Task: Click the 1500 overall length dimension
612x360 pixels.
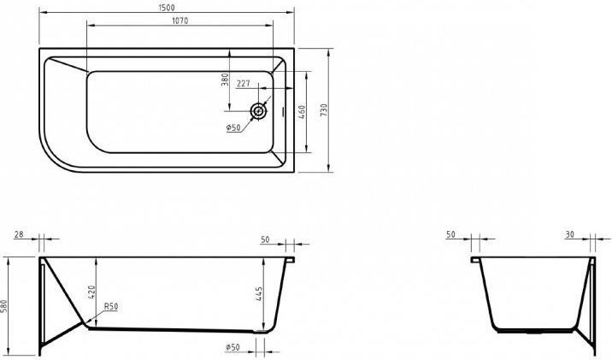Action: click(x=167, y=8)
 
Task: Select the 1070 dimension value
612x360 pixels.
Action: click(x=180, y=21)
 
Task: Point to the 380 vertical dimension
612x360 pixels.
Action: click(x=225, y=80)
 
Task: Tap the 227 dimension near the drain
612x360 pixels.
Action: click(x=243, y=84)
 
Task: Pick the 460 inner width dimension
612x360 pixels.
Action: click(x=302, y=112)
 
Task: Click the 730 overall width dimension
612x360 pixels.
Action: click(x=324, y=110)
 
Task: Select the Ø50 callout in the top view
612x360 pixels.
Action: click(x=233, y=127)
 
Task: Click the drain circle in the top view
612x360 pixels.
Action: click(x=258, y=111)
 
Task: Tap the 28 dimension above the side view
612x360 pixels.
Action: click(x=19, y=234)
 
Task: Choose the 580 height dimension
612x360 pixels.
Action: click(x=4, y=307)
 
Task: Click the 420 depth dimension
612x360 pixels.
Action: click(x=91, y=292)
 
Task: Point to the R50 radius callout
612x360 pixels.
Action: click(x=111, y=307)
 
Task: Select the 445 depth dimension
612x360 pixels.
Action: click(x=259, y=293)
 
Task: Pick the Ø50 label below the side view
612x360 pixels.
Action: click(x=232, y=346)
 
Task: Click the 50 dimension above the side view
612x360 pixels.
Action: click(x=266, y=239)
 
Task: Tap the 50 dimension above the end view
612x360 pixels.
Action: click(x=450, y=234)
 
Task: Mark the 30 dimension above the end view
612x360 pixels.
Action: click(x=570, y=234)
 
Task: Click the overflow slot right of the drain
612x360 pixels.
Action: click(x=284, y=112)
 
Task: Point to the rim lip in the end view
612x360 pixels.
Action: click(x=475, y=260)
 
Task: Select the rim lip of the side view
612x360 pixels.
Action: click(x=290, y=260)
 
